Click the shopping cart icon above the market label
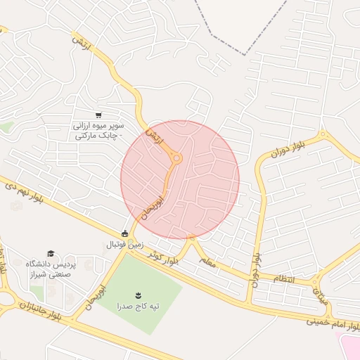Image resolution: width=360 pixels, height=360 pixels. click(98, 115)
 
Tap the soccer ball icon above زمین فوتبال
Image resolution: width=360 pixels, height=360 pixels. click(125, 233)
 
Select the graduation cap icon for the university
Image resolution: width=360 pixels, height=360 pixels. click(51, 253)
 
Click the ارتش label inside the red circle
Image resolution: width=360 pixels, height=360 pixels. click(154, 136)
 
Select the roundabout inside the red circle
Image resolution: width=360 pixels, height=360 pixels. click(176, 159)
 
